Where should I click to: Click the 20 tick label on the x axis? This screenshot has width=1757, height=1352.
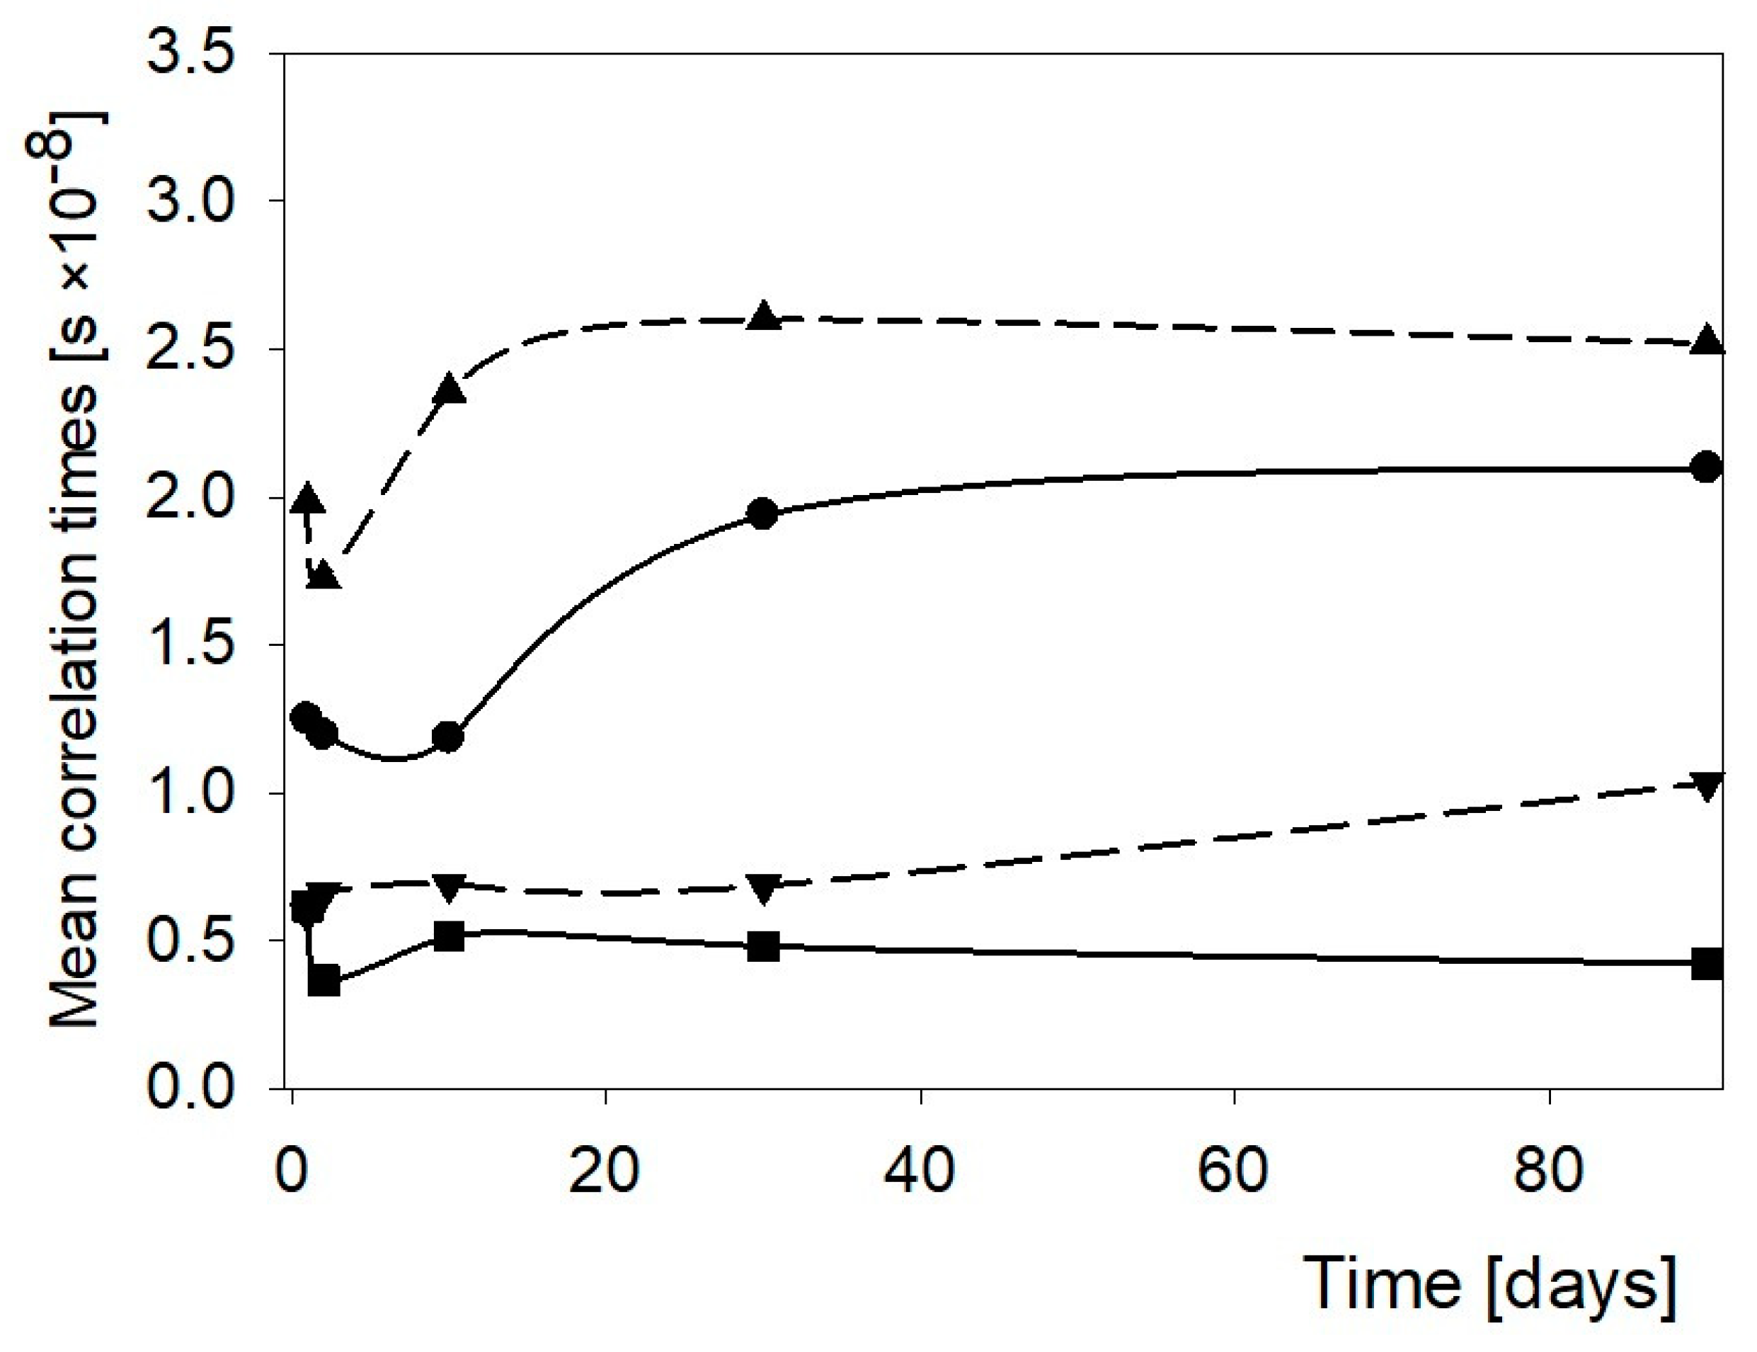[604, 1171]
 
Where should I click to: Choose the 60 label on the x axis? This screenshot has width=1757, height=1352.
[1233, 1171]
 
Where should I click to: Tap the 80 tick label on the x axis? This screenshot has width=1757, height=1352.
[1549, 1171]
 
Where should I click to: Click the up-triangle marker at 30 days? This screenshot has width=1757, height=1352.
[763, 317]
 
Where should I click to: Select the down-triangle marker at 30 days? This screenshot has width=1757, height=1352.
[763, 887]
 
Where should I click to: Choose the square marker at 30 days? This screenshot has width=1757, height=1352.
[763, 946]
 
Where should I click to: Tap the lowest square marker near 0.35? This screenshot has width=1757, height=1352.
[324, 982]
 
